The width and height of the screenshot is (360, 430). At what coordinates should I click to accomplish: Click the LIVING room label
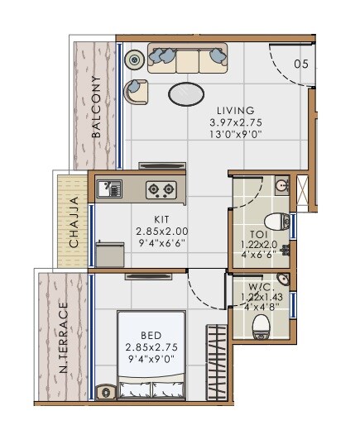236,111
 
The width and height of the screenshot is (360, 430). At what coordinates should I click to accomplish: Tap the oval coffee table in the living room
188,94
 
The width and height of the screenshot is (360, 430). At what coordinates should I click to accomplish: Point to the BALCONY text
97,106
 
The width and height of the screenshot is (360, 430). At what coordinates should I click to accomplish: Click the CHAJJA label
74,221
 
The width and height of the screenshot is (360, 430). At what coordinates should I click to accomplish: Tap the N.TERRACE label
64,340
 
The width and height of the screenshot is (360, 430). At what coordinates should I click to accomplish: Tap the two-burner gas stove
160,190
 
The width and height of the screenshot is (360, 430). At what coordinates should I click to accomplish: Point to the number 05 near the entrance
301,64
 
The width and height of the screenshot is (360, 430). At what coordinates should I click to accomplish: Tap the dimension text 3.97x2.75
236,123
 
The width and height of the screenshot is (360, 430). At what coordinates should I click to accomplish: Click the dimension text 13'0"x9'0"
236,136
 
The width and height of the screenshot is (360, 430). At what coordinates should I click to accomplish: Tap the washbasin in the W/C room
283,278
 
